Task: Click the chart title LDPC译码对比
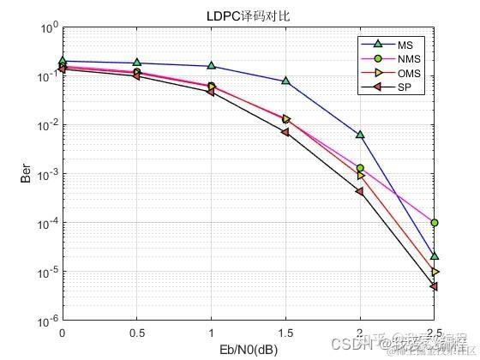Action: click(248, 16)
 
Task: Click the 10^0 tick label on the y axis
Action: click(47, 28)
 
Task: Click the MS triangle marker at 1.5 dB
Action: click(285, 81)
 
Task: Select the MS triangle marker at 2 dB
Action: click(360, 135)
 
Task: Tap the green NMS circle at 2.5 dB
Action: click(435, 223)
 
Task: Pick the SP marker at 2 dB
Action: click(360, 191)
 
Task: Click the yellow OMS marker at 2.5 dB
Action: click(435, 272)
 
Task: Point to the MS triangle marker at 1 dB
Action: click(211, 66)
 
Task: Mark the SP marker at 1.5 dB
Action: click(285, 132)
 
